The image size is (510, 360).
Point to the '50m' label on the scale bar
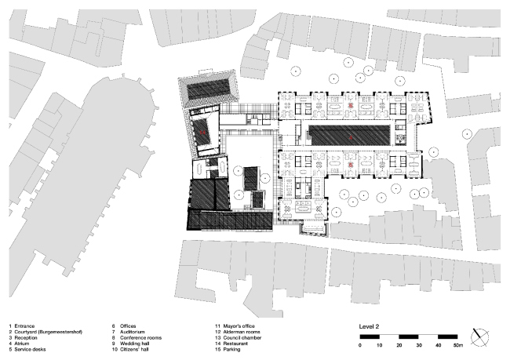(x=457, y=345)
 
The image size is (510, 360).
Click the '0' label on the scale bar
(x=361, y=345)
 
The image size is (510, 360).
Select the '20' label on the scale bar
(x=400, y=345)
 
